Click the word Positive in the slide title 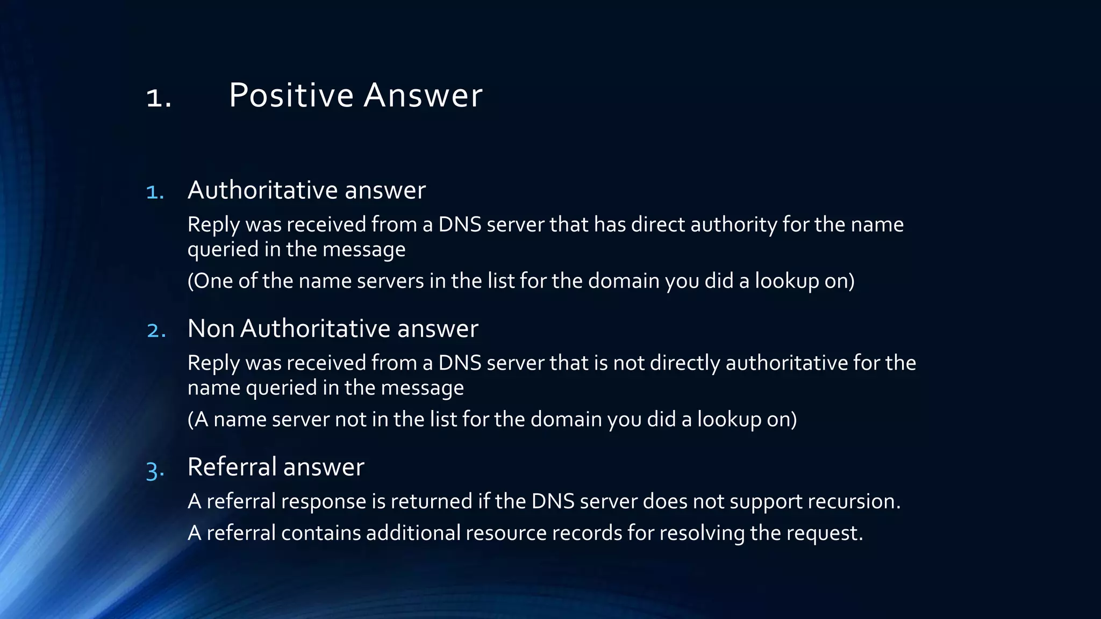point(291,96)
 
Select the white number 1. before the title point(159,98)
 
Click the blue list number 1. point(155,192)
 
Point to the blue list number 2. point(156,330)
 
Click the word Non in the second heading point(211,328)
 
